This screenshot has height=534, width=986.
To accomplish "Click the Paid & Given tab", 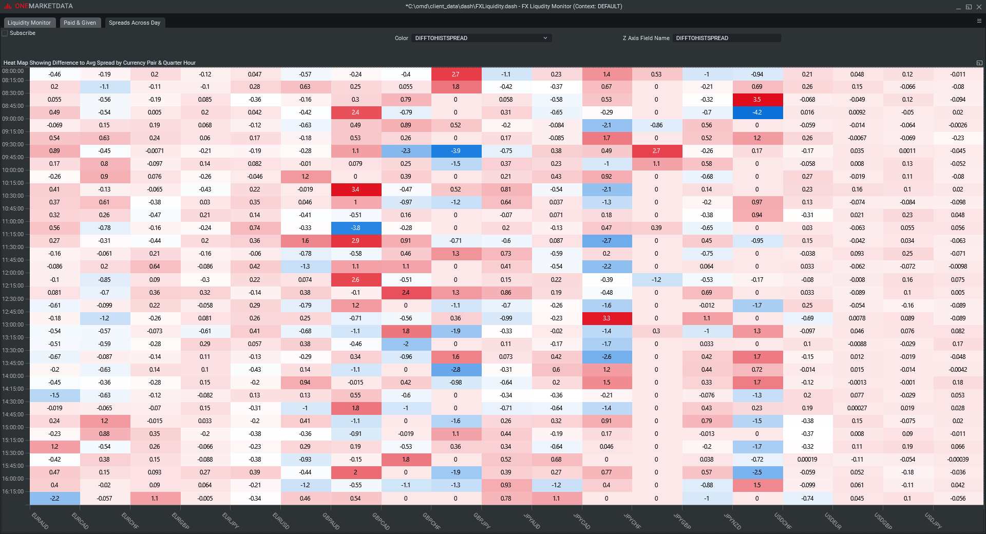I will (x=80, y=23).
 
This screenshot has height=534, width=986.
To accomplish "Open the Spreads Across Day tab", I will (x=134, y=23).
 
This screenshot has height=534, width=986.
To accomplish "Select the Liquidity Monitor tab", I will (x=29, y=23).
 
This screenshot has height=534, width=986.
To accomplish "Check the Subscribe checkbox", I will (x=5, y=33).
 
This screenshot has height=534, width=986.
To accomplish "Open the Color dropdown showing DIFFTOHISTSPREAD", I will (x=481, y=38).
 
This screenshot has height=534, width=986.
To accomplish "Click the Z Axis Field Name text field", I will (x=727, y=38).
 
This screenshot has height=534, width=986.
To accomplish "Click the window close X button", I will (x=979, y=7).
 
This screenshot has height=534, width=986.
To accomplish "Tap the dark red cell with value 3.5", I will (x=757, y=100).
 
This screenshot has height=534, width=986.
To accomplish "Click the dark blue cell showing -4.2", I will (x=757, y=112).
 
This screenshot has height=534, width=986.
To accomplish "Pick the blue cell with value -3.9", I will (x=456, y=151).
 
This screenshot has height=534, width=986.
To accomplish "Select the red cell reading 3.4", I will (x=355, y=189).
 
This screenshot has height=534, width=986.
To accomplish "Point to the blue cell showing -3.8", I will (x=355, y=228).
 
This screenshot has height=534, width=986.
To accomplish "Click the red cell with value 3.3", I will (x=606, y=318).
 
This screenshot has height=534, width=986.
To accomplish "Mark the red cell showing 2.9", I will (x=355, y=241).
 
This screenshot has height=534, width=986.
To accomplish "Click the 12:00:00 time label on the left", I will (x=13, y=273).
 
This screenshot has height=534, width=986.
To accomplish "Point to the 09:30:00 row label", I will (x=13, y=144).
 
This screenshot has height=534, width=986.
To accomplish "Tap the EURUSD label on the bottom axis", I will (x=281, y=520).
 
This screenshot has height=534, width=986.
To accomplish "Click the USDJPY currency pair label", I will (x=933, y=520).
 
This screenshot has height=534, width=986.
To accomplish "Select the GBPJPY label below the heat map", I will (x=482, y=520).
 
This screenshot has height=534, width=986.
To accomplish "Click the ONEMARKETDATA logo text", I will (x=44, y=6).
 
